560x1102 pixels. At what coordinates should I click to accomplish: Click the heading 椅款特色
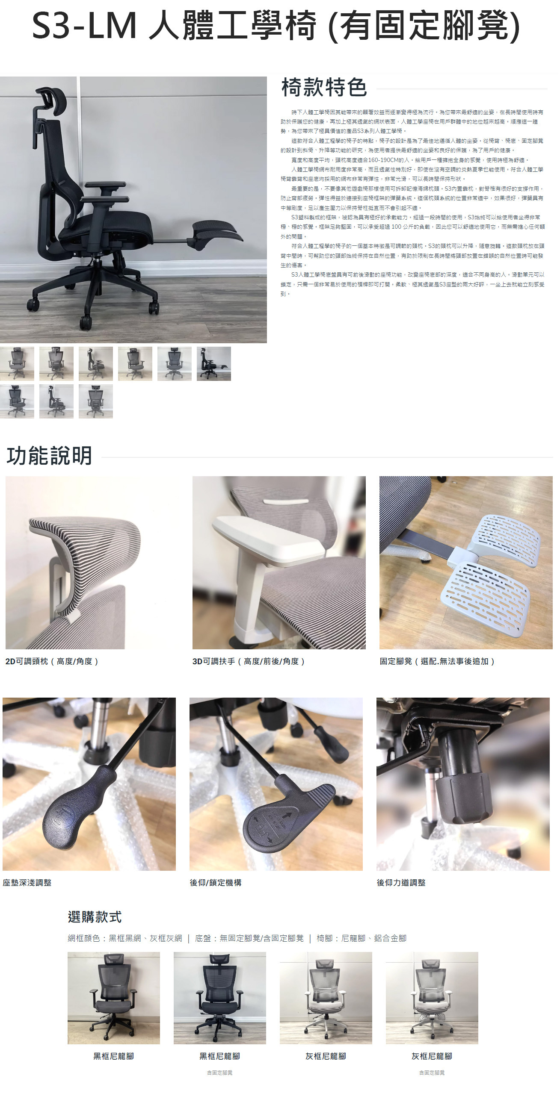[324, 87]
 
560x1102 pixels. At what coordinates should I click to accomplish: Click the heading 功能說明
[49, 456]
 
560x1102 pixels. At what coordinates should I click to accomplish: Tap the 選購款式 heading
[95, 917]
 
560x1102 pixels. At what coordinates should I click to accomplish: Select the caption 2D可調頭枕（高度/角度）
[52, 661]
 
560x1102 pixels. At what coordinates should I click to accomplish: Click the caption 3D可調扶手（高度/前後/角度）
[249, 661]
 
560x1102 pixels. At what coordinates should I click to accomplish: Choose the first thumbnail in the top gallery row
[17, 364]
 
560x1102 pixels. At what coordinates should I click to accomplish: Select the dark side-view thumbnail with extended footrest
[213, 364]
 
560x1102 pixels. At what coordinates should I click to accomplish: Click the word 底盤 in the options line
[203, 939]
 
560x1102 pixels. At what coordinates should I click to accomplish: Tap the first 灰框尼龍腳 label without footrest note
[326, 1056]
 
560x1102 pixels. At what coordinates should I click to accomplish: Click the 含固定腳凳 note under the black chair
[219, 1073]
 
